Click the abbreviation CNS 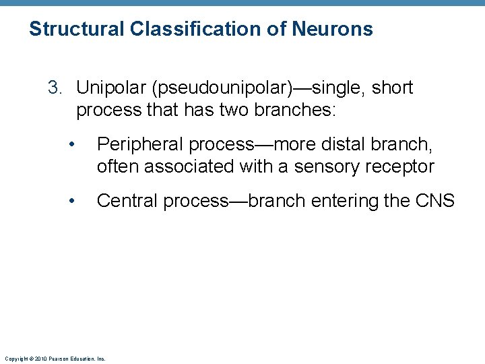(436, 201)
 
